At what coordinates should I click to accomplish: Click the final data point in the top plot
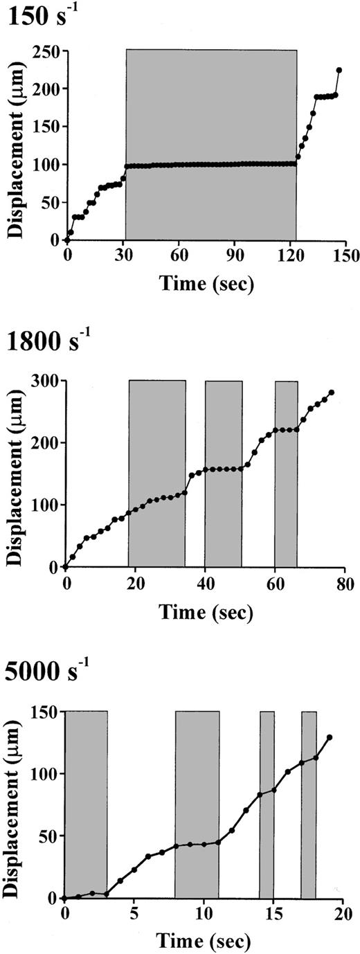click(339, 70)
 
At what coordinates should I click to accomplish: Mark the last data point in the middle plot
click(332, 393)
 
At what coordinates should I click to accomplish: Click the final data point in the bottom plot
click(330, 737)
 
